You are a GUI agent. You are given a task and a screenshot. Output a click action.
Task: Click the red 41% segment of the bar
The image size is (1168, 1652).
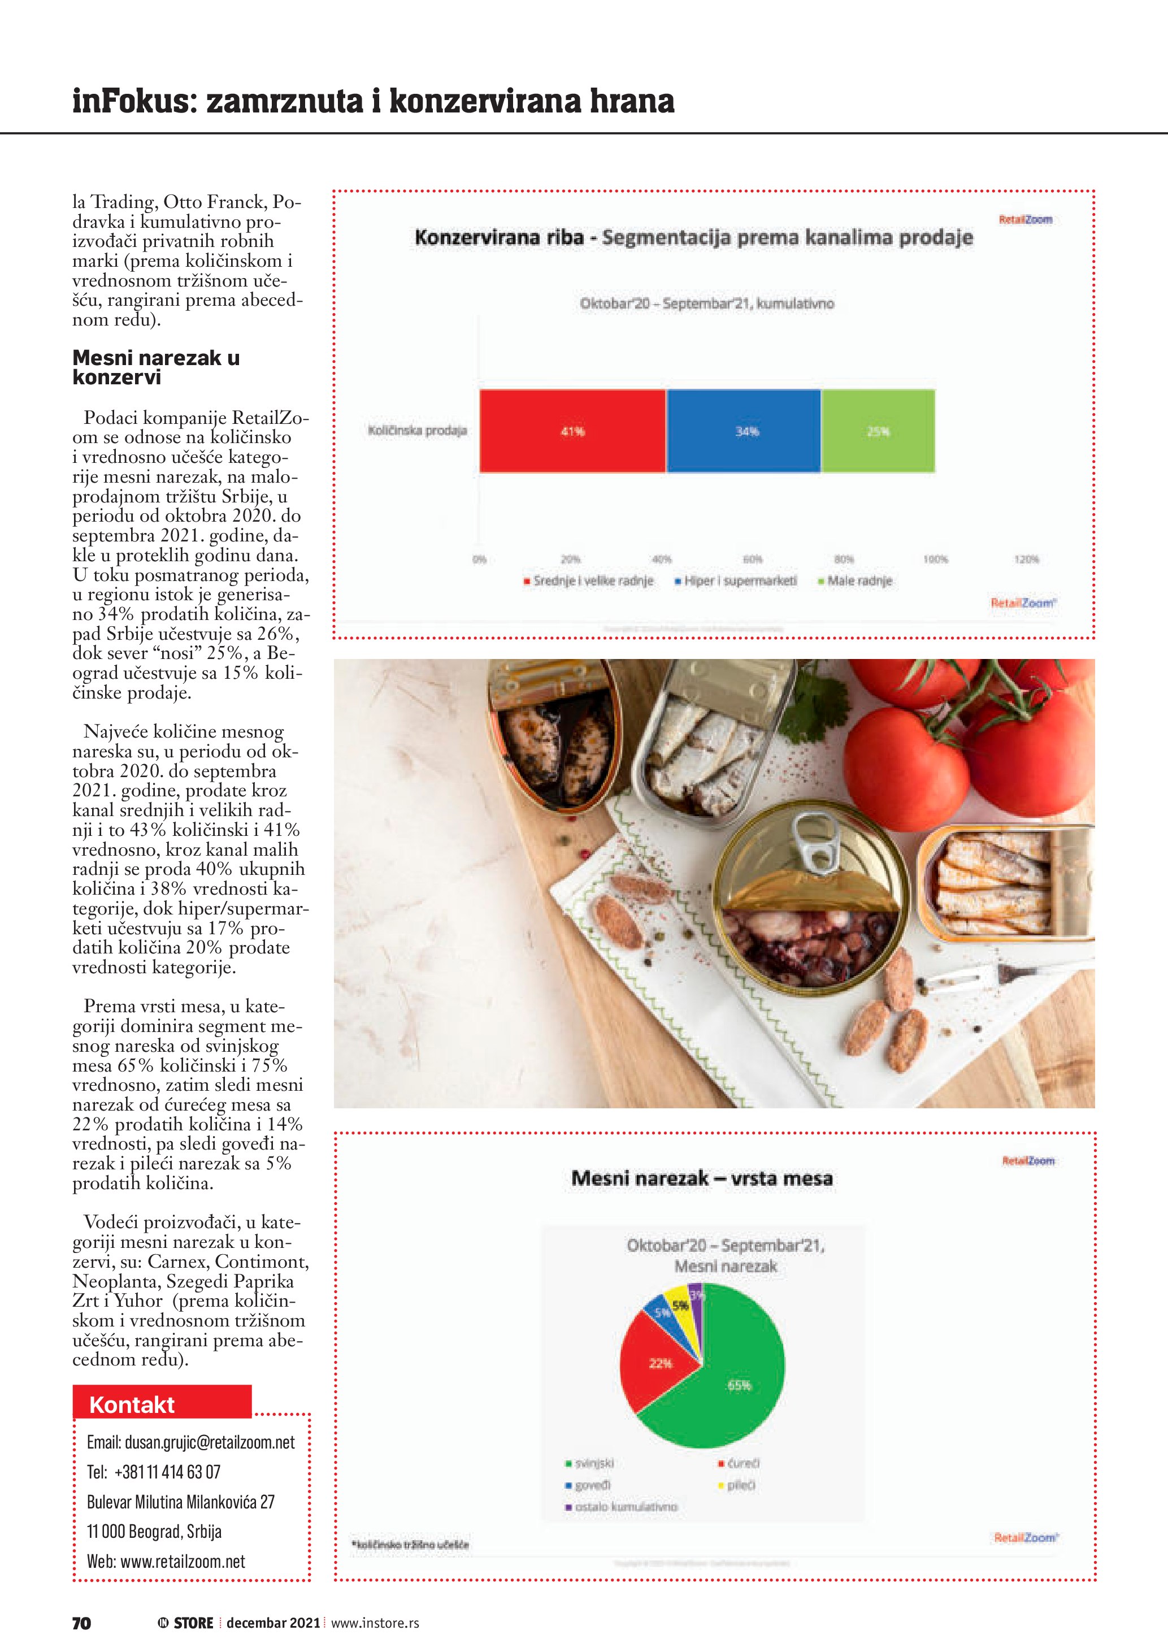[572, 431]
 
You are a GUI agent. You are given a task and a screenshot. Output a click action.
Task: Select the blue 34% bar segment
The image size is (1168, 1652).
[744, 431]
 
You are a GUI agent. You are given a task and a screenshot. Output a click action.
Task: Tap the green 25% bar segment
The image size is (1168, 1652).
[878, 431]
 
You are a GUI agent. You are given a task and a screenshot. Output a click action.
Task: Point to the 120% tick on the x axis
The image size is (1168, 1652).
[1026, 559]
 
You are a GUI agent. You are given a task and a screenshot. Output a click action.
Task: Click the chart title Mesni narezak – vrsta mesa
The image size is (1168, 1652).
[702, 1178]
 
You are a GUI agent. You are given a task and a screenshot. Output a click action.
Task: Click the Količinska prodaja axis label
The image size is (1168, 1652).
[417, 430]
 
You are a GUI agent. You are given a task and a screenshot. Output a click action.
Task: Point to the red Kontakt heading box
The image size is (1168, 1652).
[162, 1404]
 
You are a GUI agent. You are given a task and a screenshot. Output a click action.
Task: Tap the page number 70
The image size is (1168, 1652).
[81, 1623]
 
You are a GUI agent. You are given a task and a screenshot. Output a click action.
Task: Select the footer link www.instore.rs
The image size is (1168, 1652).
[375, 1623]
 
